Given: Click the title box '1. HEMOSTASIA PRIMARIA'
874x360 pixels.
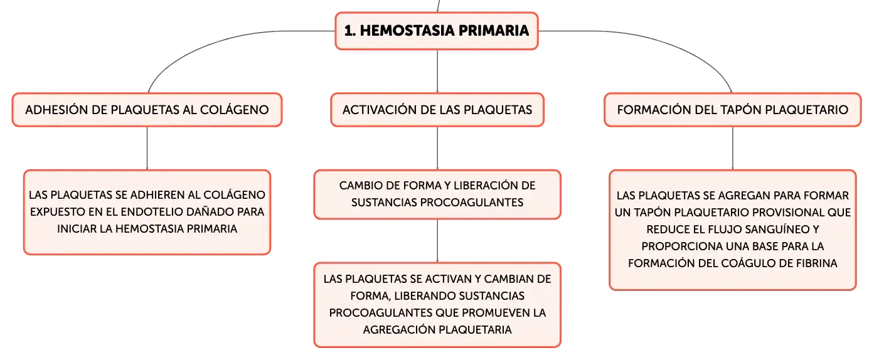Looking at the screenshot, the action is [x=437, y=31].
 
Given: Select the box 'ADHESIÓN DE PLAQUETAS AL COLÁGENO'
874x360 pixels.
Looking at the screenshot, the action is [x=147, y=110].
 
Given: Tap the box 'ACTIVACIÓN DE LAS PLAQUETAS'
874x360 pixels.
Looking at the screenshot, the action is [x=437, y=110].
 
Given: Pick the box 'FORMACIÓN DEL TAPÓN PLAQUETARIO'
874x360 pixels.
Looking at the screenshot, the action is [x=732, y=110].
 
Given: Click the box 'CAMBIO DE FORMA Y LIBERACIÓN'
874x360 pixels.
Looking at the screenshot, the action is [x=437, y=194].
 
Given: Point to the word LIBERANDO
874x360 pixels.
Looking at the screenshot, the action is [x=425, y=296].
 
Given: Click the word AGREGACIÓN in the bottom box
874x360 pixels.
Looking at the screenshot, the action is [x=399, y=330].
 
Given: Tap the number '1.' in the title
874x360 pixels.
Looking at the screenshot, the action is [x=350, y=31].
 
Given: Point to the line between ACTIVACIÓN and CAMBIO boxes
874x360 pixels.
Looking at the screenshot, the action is [x=437, y=148].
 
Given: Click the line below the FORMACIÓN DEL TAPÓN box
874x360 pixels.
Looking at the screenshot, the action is [x=733, y=148].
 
